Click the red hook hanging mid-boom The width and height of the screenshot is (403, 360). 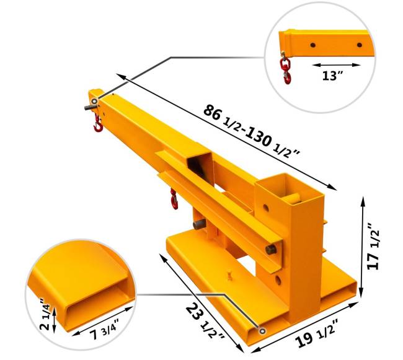(174, 200)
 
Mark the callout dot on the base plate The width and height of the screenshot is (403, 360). (262, 332)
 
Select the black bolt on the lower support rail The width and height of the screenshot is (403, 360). (271, 250)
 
